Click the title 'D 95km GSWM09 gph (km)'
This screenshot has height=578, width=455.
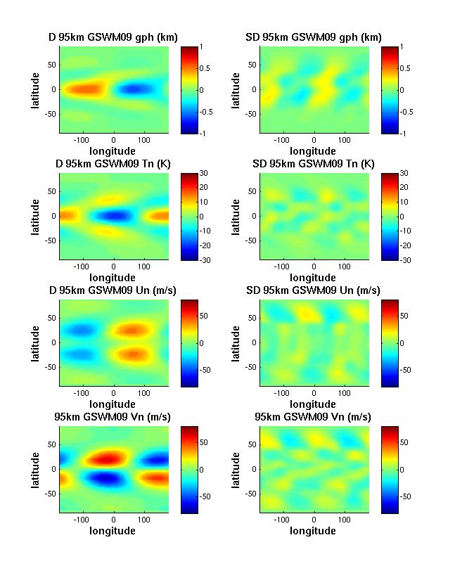(114, 37)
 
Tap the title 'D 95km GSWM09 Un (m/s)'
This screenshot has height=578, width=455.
(114, 290)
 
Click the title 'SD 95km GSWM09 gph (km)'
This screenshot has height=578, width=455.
(314, 37)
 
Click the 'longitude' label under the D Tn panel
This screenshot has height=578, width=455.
(114, 277)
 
